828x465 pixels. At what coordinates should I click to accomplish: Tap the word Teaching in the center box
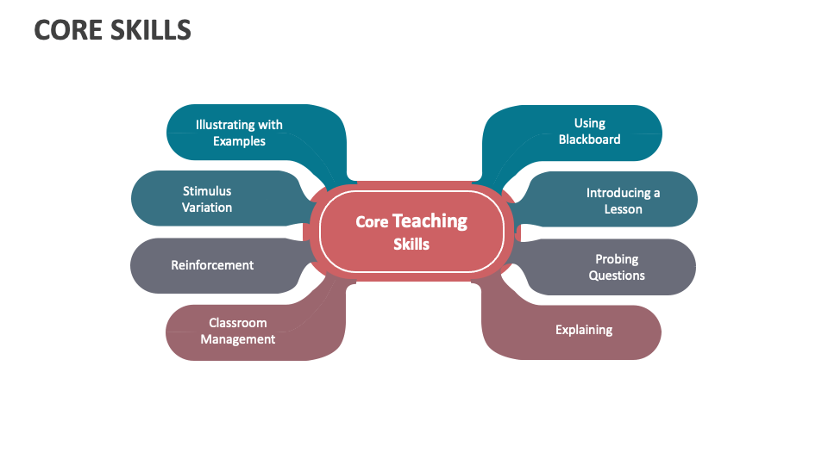click(430, 221)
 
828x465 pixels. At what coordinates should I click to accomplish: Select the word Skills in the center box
click(411, 245)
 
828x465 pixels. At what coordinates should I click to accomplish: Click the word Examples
click(239, 141)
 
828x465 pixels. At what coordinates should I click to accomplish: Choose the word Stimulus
click(207, 191)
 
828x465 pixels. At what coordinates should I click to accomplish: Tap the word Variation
click(207, 208)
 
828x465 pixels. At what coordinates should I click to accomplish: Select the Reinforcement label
click(212, 265)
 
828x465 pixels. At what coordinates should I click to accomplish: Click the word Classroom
click(238, 323)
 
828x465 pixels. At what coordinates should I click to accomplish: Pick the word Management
click(238, 339)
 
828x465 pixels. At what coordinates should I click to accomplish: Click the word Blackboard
click(589, 139)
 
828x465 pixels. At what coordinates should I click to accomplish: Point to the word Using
click(590, 123)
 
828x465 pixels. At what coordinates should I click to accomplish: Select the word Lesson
click(623, 209)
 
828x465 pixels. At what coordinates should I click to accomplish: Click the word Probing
click(617, 259)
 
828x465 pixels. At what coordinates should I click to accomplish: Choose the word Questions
click(617, 276)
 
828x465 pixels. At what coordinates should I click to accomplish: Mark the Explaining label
click(584, 330)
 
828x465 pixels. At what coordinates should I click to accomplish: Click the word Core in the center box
click(372, 222)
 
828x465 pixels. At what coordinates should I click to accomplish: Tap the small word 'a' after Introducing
click(656, 193)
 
